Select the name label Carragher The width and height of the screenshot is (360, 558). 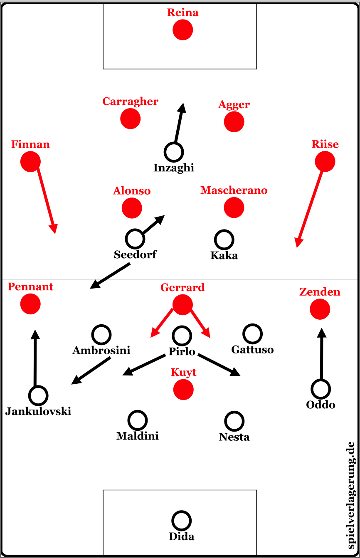click(131, 101)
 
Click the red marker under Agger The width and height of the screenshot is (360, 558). click(234, 122)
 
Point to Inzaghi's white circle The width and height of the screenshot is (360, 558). click(174, 152)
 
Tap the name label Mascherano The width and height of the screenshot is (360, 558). click(234, 190)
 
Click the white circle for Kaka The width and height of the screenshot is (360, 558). click(224, 239)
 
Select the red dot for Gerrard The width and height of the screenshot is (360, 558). click(182, 304)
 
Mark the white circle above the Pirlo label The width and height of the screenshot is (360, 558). click(182, 336)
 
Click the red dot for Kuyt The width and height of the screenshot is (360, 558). click(183, 389)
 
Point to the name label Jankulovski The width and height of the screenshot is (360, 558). click(38, 412)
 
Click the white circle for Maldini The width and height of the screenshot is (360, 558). click(138, 420)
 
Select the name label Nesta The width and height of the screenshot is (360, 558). click(234, 437)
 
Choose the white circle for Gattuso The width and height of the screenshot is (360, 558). click(252, 333)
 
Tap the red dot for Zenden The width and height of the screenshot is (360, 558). click(320, 309)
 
